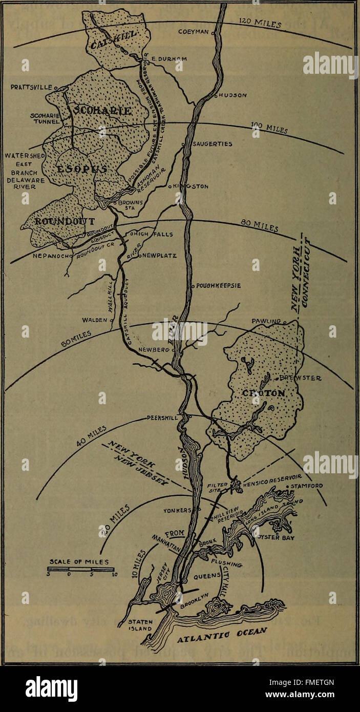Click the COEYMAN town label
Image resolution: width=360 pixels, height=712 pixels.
tap(194, 32)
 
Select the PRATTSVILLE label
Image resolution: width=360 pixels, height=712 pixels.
tap(31, 88)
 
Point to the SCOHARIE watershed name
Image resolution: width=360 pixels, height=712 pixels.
tap(102, 111)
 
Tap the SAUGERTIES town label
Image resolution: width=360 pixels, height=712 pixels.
tap(211, 144)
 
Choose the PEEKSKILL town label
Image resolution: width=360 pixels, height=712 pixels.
tap(162, 417)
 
